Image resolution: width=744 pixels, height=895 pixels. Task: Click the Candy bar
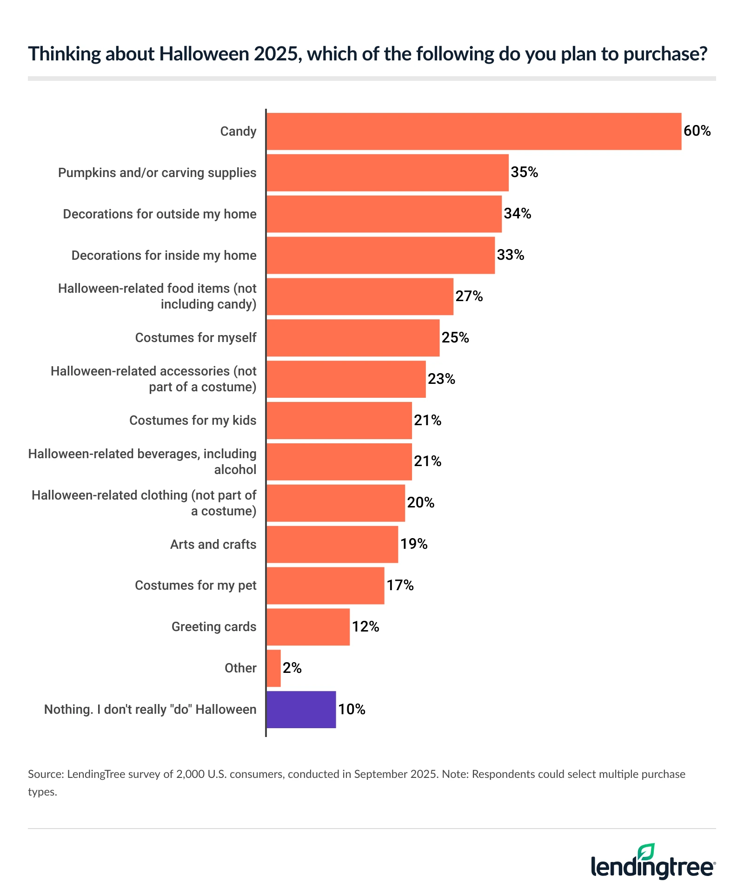[473, 132]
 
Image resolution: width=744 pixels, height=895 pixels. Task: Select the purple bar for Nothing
[301, 710]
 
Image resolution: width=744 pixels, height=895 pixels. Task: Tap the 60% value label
[697, 131]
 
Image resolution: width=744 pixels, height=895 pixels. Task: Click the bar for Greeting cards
[308, 627]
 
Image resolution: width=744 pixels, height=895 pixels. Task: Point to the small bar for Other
[273, 668]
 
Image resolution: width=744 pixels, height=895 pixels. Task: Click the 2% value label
[292, 668]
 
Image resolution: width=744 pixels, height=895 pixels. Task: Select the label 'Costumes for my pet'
[195, 586]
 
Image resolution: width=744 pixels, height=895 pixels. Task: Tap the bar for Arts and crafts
[332, 544]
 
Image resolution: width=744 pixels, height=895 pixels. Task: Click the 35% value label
[524, 172]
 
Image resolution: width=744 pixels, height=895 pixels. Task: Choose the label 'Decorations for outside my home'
[159, 214]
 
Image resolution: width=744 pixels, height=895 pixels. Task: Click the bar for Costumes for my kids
[339, 421]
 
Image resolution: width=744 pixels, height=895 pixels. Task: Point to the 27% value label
[469, 296]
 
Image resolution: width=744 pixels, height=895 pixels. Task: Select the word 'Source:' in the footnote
[46, 774]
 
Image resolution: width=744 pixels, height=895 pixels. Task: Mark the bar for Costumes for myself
[353, 338]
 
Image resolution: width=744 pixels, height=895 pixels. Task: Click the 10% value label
[352, 710]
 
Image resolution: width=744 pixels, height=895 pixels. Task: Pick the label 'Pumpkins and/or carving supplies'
[157, 173]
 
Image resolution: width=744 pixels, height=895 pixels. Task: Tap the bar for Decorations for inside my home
[380, 256]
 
